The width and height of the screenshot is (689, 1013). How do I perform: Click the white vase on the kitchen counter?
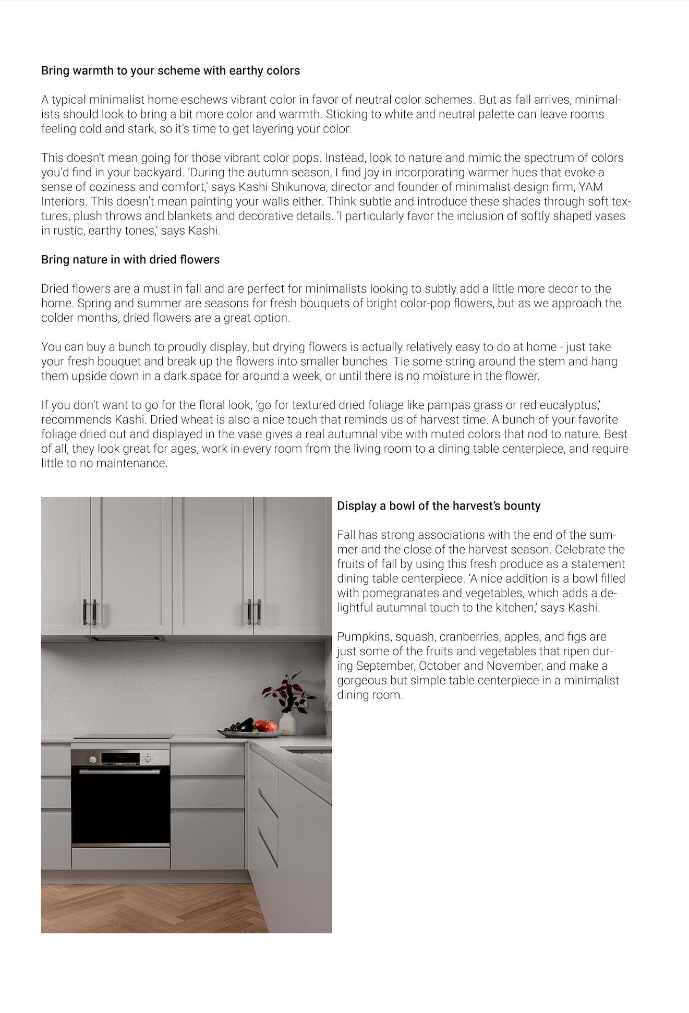point(287,723)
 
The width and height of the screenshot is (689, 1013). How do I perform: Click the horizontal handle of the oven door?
point(120,771)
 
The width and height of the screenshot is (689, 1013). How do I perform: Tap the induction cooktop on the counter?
point(123,736)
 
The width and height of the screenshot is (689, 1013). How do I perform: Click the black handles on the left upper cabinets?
point(89,612)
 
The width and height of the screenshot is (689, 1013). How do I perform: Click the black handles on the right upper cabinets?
point(253,612)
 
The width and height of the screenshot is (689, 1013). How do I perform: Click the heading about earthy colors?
point(170,70)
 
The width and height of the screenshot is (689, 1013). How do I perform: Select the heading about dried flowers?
point(130,259)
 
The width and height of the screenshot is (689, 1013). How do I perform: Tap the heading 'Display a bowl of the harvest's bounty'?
point(438,505)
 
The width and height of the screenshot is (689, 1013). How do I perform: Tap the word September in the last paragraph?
point(385,666)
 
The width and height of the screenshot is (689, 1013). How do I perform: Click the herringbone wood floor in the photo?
point(146,909)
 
